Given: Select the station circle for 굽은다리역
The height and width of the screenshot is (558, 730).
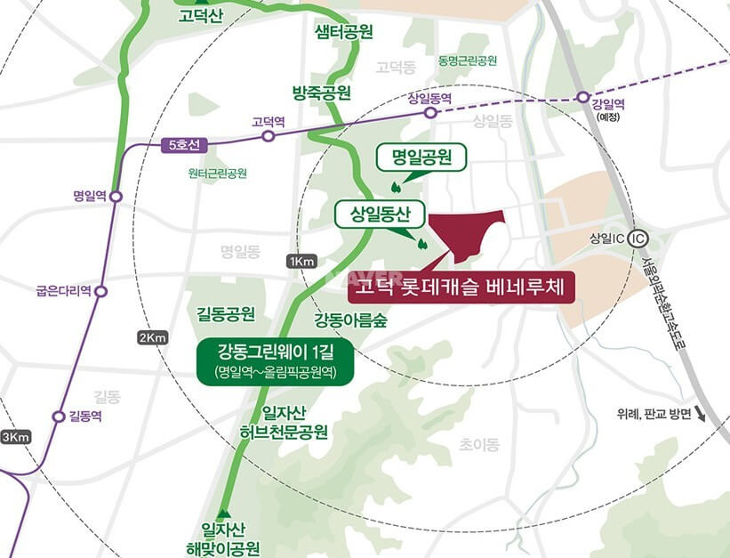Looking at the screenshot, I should pos(100,291).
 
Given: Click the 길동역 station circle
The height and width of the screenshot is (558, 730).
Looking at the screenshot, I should pos(60,416).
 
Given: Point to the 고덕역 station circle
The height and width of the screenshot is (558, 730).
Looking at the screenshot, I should pos(268,136).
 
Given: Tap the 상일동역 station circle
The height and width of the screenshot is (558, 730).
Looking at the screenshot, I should pos(430,113).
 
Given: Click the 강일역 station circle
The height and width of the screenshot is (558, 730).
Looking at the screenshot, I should pos(583,97).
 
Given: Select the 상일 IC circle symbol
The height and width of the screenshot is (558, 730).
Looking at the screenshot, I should pos(636,239).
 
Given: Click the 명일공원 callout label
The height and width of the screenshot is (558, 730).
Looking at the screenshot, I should pos(422,158).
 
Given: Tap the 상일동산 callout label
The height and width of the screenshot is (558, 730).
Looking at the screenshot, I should pos(380,214).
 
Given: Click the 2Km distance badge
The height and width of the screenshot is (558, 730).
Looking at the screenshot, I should pos(153,338).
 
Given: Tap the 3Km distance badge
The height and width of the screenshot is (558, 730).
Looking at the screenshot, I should pos(15,436).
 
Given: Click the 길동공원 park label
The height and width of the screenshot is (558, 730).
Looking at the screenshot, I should pos(227,313).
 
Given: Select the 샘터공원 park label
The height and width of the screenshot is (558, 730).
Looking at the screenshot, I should pos(343,32).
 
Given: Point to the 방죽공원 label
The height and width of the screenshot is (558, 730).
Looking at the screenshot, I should pos(321,93).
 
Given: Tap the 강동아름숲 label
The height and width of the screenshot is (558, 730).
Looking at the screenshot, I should pos(350,320).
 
